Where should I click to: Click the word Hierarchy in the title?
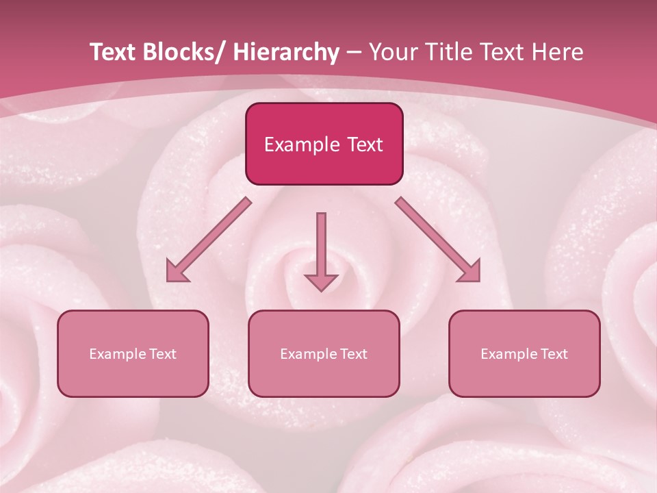click(286, 53)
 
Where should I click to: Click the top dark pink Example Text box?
click(324, 144)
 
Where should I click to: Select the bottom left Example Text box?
click(133, 353)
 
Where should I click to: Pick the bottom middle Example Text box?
click(324, 353)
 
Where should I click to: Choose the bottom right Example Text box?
click(524, 353)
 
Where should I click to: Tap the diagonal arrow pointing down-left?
click(209, 240)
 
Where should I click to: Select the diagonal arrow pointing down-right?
click(438, 240)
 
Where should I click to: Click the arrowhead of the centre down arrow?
click(321, 281)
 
